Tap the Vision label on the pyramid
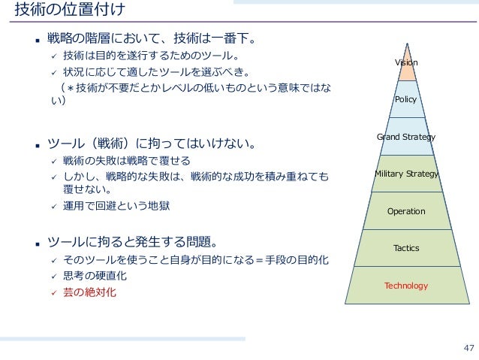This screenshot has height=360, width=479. [406, 63]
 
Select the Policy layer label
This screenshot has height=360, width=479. [405, 99]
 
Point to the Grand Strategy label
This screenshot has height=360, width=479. [405, 137]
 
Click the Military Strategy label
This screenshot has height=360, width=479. [406, 174]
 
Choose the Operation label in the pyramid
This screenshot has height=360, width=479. [406, 211]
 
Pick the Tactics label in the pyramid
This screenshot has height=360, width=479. [406, 248]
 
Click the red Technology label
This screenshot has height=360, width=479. [406, 286]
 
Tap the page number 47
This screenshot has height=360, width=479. [469, 347]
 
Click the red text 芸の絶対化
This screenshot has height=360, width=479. [90, 292]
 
